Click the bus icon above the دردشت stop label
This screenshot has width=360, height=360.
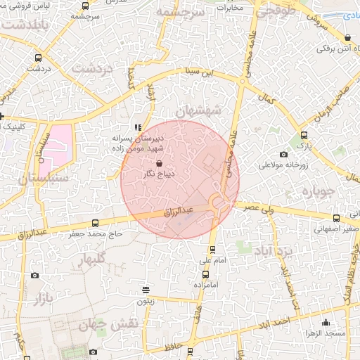pyautogui.click(x=37, y=58)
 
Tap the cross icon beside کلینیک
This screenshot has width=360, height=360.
pyautogui.click(x=2, y=116)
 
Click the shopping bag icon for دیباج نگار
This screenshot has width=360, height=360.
pyautogui.click(x=148, y=163)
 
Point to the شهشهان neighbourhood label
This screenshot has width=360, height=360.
pyautogui.click(x=199, y=112)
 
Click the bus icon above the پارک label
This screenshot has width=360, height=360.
pyautogui.click(x=304, y=135)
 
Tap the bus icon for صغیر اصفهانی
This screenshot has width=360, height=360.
pyautogui.click(x=336, y=218)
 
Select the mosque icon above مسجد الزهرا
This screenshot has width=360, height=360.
pyautogui.click(x=326, y=322)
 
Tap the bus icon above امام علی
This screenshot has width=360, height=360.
pyautogui.click(x=213, y=250)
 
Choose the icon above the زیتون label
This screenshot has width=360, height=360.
pyautogui.click(x=146, y=289)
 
